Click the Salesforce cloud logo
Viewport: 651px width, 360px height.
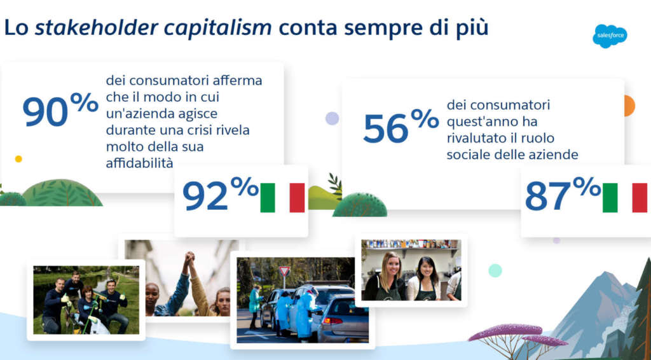(610, 36)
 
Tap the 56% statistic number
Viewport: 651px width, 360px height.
(401, 125)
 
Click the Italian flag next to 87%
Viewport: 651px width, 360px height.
(624, 198)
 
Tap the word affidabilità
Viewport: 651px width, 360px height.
(139, 163)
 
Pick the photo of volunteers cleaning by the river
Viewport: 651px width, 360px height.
(86, 300)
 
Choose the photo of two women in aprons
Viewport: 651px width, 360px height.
(411, 270)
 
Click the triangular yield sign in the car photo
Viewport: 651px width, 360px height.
(284, 272)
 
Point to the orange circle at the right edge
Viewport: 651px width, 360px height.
(629, 106)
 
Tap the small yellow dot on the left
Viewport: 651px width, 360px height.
(18, 159)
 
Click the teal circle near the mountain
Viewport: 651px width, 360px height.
(495, 270)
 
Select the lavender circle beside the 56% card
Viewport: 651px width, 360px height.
(332, 118)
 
